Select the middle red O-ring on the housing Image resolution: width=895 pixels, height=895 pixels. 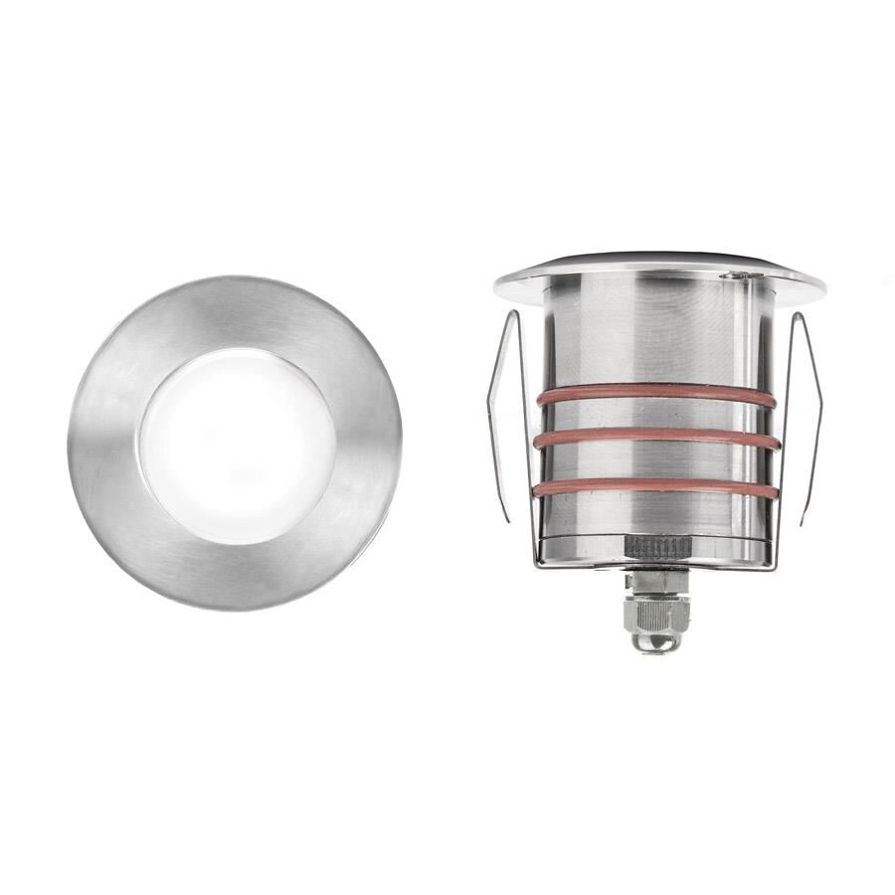pos(656,438)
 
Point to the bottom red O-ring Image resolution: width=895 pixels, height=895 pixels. pos(656,486)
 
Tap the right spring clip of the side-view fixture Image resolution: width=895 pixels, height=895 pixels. pos(804,418)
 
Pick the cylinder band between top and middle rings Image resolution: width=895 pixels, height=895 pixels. pos(656,416)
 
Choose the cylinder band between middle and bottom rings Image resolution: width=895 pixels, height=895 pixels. pos(656,462)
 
